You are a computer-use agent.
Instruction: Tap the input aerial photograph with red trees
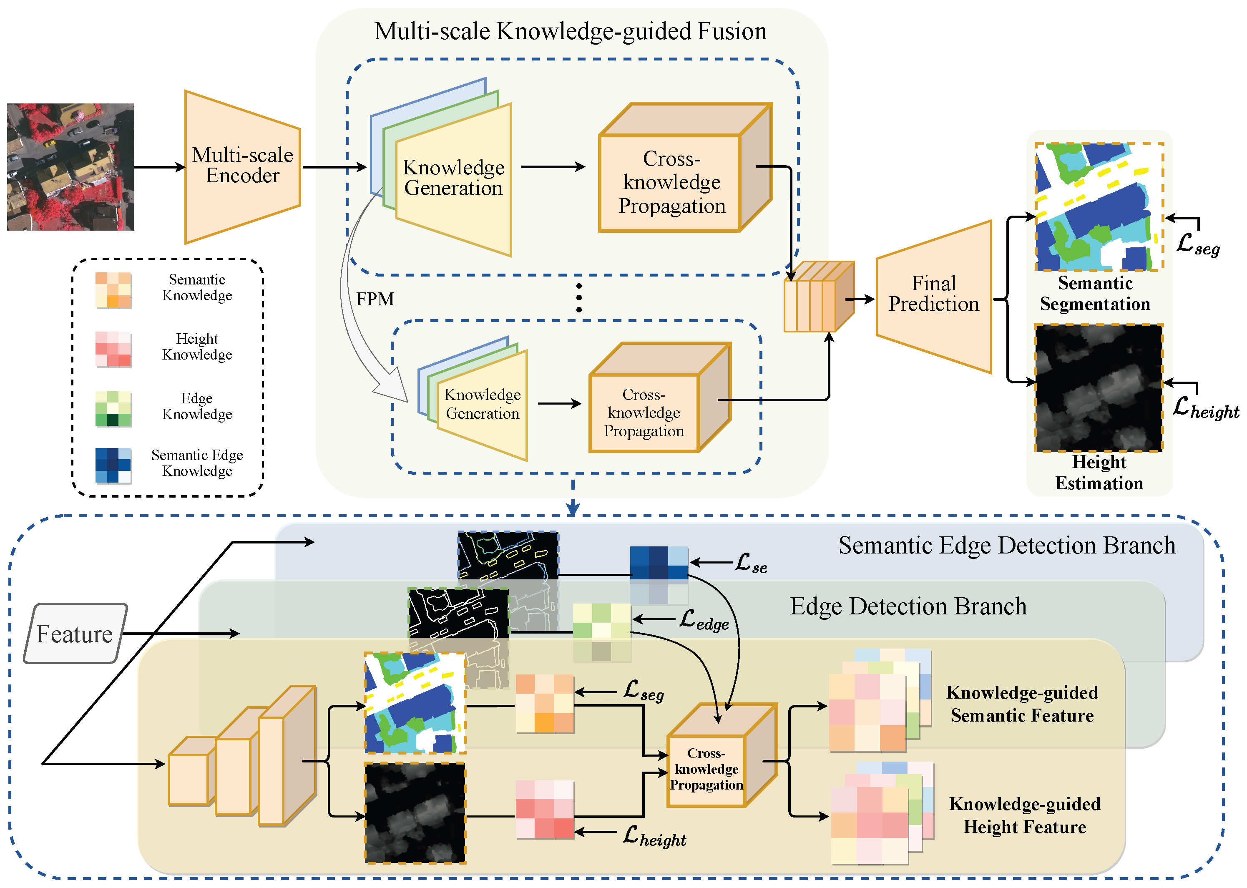(x=70, y=167)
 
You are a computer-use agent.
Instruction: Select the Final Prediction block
(x=933, y=295)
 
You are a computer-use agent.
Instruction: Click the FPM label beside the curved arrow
(x=375, y=299)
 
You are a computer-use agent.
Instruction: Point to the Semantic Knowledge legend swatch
(x=113, y=290)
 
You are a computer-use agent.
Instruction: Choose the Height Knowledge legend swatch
(x=113, y=349)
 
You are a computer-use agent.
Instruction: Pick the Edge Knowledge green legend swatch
(x=113, y=408)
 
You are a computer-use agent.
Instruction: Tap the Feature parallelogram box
(x=75, y=634)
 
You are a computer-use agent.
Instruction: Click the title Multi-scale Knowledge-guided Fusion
(x=570, y=31)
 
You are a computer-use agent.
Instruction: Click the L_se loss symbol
(x=751, y=563)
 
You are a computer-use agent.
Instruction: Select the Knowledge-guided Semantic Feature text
(x=1022, y=704)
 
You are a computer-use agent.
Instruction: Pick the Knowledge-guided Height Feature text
(x=1024, y=815)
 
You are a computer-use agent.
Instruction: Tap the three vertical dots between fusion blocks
(x=579, y=298)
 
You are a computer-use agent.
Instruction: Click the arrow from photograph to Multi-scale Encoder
(x=160, y=167)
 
